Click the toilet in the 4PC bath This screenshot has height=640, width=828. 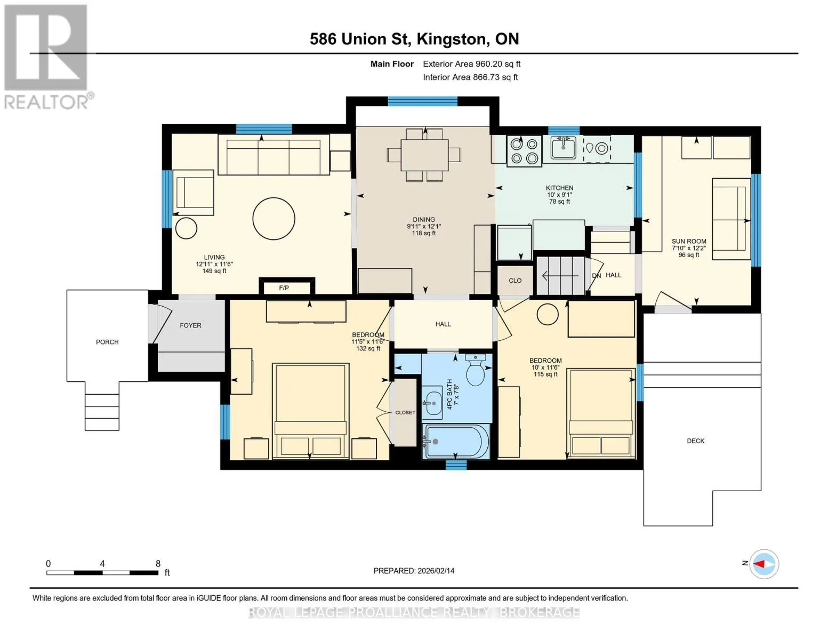pyautogui.click(x=476, y=370)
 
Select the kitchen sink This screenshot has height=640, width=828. pyautogui.click(x=563, y=148)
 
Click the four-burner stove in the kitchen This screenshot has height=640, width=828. pyautogui.click(x=524, y=151)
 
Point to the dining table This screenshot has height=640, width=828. pyautogui.click(x=424, y=155)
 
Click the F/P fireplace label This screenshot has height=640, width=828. pyautogui.click(x=284, y=288)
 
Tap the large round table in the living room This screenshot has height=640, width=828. pyautogui.click(x=274, y=219)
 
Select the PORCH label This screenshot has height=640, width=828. pyautogui.click(x=107, y=342)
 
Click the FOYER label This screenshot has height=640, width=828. pyautogui.click(x=190, y=325)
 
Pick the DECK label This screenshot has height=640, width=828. pyautogui.click(x=695, y=441)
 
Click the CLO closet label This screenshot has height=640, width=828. pyautogui.click(x=515, y=281)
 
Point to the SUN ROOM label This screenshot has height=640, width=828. pyautogui.click(x=688, y=241)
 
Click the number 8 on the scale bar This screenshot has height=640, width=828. pyautogui.click(x=158, y=563)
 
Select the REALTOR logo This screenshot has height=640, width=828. pyautogui.click(x=46, y=57)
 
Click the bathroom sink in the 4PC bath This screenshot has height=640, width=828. pyautogui.click(x=432, y=403)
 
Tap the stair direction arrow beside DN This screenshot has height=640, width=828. pyautogui.click(x=560, y=275)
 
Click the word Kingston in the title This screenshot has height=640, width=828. pyautogui.click(x=452, y=39)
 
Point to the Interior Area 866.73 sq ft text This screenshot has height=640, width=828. pyautogui.click(x=470, y=77)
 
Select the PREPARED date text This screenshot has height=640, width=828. pyautogui.click(x=414, y=571)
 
